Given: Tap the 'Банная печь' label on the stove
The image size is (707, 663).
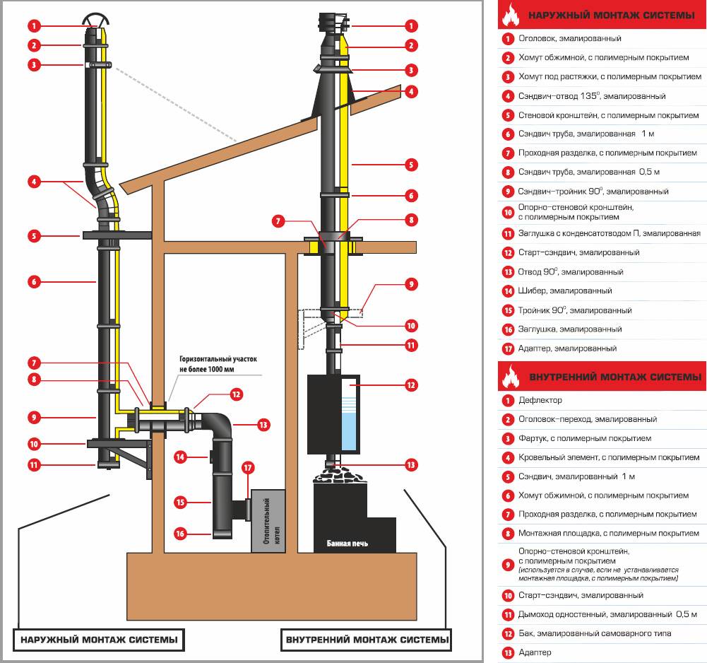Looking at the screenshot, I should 347,544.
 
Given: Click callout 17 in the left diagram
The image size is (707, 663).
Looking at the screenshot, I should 248,467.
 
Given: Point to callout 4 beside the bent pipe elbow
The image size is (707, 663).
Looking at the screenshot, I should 33,181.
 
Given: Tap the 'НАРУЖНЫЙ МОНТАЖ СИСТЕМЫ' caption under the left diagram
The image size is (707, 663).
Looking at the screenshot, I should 99,641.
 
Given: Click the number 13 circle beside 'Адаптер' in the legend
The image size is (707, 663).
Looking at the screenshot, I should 507,652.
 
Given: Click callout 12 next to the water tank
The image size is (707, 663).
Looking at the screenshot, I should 412,385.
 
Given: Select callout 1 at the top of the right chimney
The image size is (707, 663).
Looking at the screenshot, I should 412,25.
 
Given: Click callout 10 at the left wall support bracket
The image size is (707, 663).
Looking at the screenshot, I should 33,444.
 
